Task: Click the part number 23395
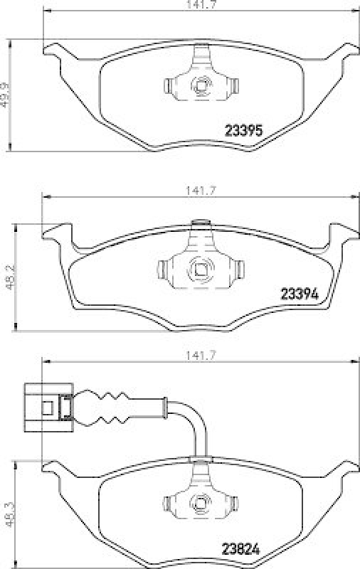244,131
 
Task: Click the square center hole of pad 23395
201,86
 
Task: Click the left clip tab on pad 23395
169,86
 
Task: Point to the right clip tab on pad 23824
233,503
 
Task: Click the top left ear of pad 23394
58,233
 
